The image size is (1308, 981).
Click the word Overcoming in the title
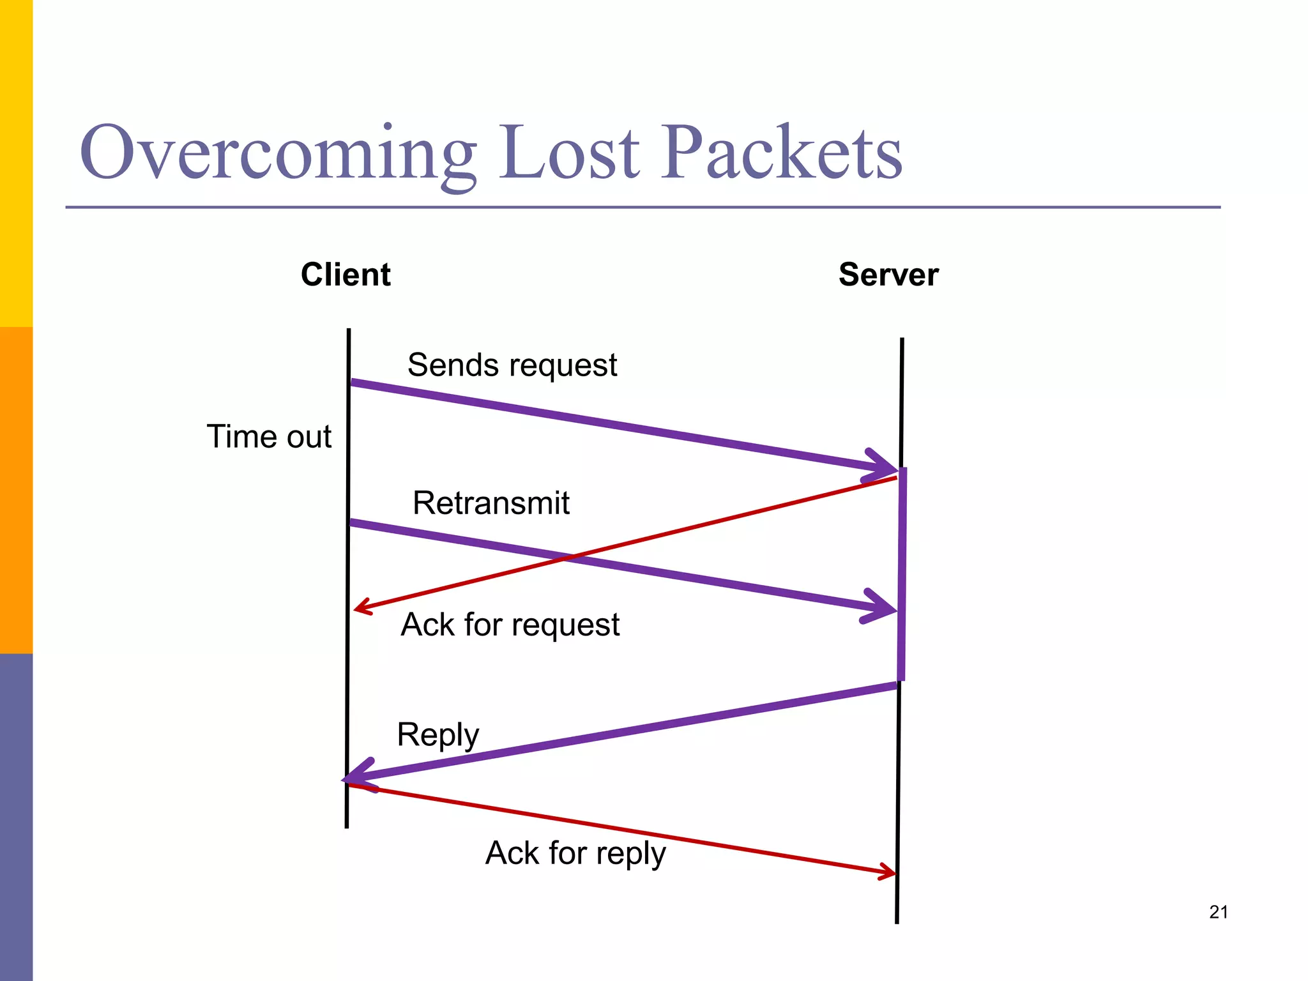(x=278, y=153)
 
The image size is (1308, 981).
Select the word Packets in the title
(x=780, y=153)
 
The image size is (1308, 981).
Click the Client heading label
(x=346, y=275)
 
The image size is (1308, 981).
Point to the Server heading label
(x=888, y=275)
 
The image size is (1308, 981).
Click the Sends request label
(x=512, y=365)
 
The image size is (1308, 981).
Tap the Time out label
(x=269, y=437)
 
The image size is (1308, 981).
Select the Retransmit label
(x=490, y=503)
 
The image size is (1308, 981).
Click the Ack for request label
(x=510, y=625)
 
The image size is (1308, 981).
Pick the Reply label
(x=437, y=735)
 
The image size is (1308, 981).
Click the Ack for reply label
(x=575, y=853)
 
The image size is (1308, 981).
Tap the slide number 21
(x=1219, y=912)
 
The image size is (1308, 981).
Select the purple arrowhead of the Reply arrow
(x=355, y=777)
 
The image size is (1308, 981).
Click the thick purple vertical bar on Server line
(x=902, y=575)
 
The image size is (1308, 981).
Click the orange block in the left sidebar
(x=16, y=490)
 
